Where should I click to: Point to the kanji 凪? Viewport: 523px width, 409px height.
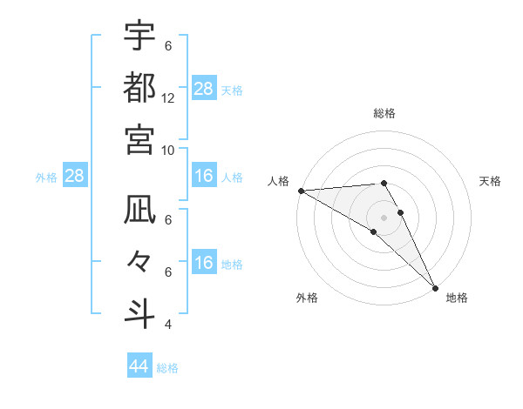point(139,210)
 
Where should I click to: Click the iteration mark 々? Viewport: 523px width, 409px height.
point(139,261)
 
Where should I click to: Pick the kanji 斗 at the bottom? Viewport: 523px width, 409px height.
point(139,312)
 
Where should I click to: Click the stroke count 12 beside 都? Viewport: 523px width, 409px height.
point(168,97)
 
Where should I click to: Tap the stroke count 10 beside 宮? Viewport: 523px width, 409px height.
point(168,149)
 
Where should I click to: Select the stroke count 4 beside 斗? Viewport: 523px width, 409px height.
point(168,325)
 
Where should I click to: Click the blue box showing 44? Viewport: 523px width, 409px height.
point(139,366)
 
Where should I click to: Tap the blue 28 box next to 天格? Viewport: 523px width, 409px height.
point(204,89)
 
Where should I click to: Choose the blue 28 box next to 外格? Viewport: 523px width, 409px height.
point(75,176)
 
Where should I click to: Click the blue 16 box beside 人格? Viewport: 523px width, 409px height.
point(204,177)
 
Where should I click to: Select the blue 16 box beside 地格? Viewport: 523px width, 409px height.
point(204,263)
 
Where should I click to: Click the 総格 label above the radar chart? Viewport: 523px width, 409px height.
point(384,113)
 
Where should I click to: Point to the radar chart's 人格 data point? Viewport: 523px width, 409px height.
point(300,191)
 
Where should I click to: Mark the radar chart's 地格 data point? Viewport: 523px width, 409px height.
point(434,287)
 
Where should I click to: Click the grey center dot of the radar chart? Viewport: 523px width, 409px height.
point(384,217)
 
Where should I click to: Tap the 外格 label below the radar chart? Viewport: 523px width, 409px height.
point(307,298)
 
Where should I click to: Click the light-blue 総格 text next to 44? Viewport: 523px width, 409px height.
point(167,368)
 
